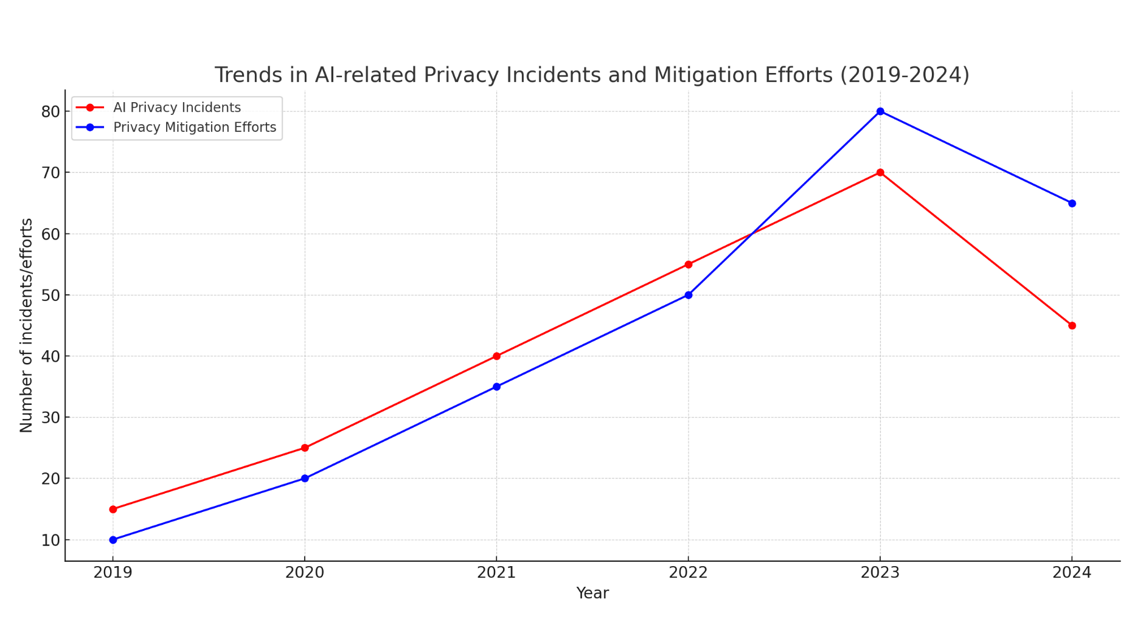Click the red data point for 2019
tap(113, 509)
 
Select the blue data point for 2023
tap(880, 111)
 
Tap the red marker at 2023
tap(880, 173)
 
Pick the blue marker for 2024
tap(1072, 203)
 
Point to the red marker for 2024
tap(1072, 325)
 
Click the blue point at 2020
tap(305, 479)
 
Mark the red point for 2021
tap(496, 356)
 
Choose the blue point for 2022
tap(689, 295)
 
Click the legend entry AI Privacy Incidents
tap(176, 108)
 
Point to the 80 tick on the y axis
tap(50, 112)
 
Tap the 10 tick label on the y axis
tap(50, 540)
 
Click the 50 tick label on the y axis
tap(50, 296)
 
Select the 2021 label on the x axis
tap(496, 573)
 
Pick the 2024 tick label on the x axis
tap(1072, 573)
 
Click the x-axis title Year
tap(592, 593)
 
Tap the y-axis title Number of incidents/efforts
tap(26, 325)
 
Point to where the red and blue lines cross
tap(752, 233)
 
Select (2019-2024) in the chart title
tap(905, 75)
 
